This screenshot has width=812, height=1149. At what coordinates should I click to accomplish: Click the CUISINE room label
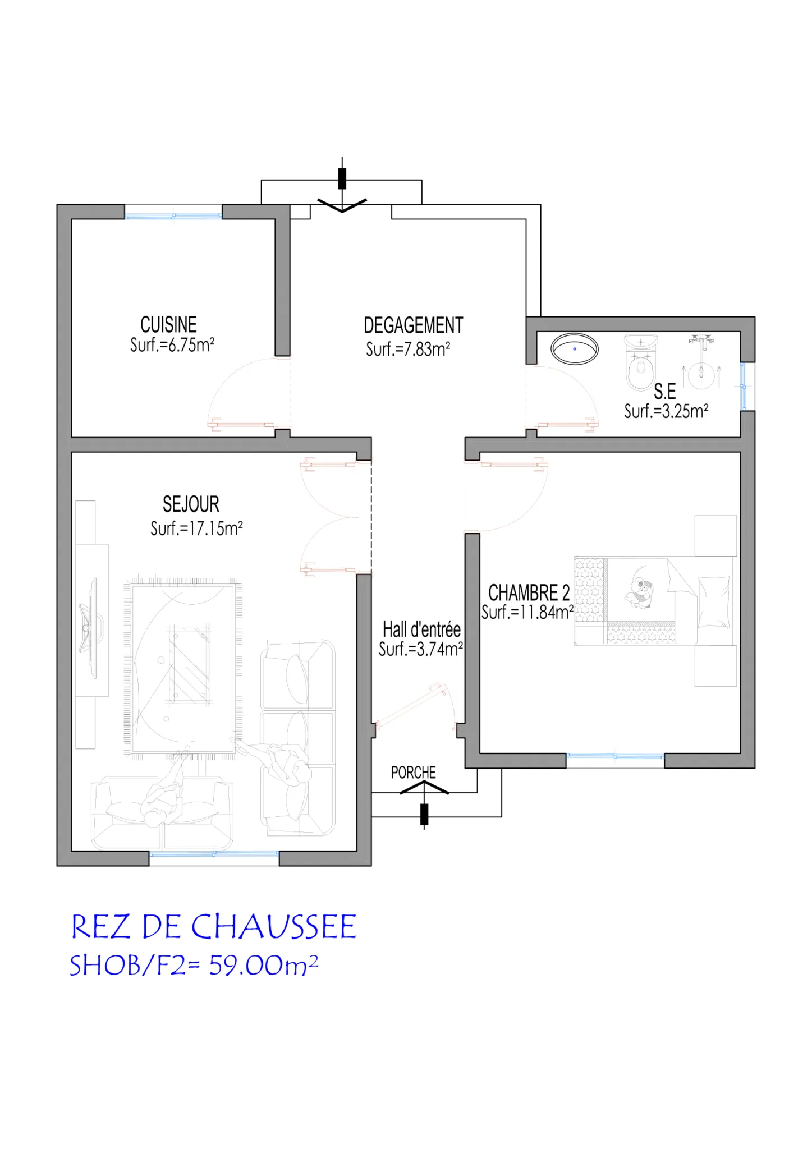click(168, 325)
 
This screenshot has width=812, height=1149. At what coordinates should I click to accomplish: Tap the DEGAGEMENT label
click(414, 325)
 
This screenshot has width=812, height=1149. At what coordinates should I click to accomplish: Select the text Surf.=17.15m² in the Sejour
click(196, 528)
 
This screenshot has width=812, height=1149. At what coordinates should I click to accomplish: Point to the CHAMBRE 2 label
click(529, 593)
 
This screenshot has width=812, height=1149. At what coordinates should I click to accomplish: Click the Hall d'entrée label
click(421, 629)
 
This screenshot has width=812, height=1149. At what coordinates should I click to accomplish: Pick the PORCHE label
click(414, 773)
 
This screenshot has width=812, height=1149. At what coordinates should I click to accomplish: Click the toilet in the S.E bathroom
click(641, 362)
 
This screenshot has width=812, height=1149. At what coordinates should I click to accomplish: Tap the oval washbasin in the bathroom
click(575, 349)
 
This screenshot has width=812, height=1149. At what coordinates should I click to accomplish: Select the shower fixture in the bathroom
click(701, 362)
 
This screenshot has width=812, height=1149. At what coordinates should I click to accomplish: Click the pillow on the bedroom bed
click(714, 601)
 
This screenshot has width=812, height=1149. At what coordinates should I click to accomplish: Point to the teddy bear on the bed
click(640, 593)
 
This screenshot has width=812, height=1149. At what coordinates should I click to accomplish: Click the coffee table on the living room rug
click(190, 665)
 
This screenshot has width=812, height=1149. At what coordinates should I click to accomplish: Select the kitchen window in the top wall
click(173, 215)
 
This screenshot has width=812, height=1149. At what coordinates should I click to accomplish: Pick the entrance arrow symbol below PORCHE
click(424, 805)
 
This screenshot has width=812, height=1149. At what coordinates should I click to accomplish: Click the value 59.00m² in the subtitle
click(264, 966)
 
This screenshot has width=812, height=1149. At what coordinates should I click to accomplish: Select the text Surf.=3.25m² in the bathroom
click(666, 411)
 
